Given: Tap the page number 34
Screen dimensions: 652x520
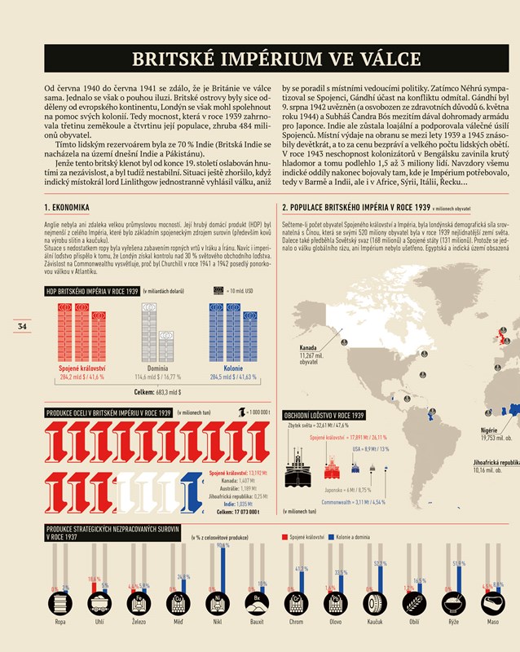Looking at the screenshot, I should pyautogui.click(x=22, y=327).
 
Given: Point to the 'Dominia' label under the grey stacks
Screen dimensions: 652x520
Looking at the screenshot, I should pyautogui.click(x=158, y=368).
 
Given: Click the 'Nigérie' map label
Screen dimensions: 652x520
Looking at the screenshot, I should pyautogui.click(x=490, y=430).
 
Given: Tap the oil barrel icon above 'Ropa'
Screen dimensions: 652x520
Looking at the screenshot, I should pyautogui.click(x=60, y=605).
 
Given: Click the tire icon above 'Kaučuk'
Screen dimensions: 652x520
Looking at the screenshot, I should pyautogui.click(x=375, y=605).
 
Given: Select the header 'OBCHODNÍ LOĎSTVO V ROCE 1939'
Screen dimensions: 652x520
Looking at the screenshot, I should pyautogui.click(x=324, y=415).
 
